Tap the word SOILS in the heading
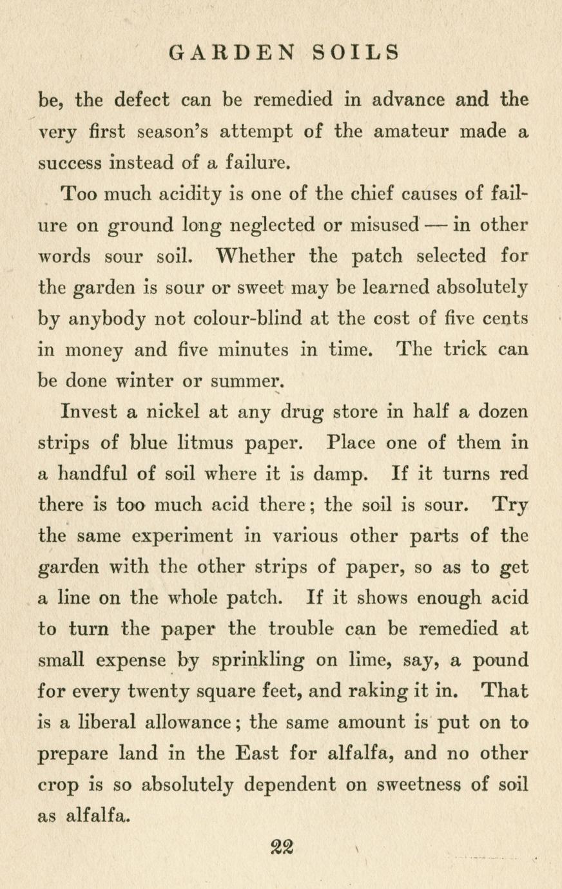(356, 52)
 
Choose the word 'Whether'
(256, 256)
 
